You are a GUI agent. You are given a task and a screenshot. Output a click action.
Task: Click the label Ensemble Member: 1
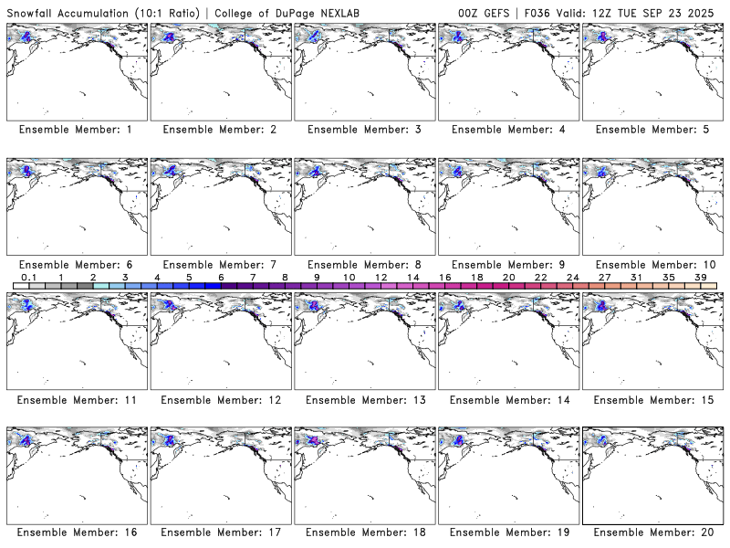tap(76, 130)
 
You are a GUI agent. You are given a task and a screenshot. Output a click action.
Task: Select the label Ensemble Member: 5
tap(653, 130)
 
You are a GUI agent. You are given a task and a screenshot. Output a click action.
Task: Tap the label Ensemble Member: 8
tap(365, 265)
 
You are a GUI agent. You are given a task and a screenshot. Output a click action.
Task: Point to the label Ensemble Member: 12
tap(220, 400)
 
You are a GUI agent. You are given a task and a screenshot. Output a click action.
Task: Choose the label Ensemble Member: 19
tap(509, 532)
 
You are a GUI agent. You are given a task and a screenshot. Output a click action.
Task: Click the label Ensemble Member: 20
tap(653, 532)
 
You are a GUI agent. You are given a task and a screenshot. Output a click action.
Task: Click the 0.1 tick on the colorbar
tap(28, 277)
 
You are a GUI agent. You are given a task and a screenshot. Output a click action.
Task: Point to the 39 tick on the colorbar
tap(700, 277)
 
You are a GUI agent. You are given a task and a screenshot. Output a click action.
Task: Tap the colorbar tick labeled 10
tap(349, 277)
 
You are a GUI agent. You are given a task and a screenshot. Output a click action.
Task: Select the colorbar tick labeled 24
tap(572, 277)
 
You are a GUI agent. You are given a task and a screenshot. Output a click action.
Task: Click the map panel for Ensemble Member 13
tap(365, 339)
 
